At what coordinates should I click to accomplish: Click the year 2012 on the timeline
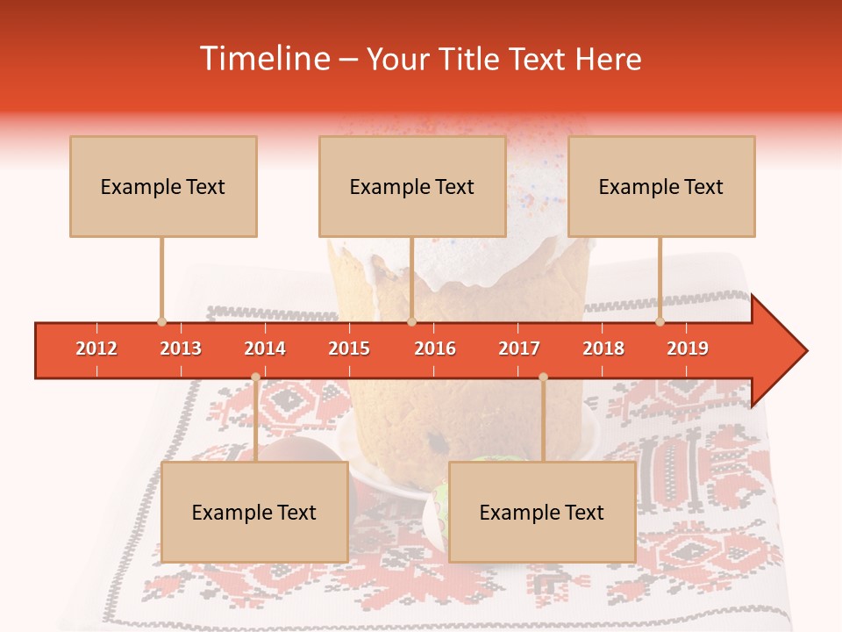coord(96,348)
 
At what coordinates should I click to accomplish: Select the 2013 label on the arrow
coord(181,348)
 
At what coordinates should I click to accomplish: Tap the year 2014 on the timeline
coord(265,348)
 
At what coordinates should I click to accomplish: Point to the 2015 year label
coord(349,348)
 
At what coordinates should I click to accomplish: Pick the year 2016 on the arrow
coord(435,348)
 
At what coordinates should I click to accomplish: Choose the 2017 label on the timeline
coord(519,348)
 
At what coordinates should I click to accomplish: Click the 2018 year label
coord(603,348)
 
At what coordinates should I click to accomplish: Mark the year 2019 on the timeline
coord(688,348)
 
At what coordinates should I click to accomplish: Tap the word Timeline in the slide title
coord(263,59)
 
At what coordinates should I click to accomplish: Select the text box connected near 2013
coord(163,186)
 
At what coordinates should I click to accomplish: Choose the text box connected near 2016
coord(412,186)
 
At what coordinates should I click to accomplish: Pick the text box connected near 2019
coord(661,186)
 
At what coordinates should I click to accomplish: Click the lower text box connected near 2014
coord(254,512)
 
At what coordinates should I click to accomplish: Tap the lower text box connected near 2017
coord(542,512)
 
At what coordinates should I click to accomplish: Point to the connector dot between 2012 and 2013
coord(161,321)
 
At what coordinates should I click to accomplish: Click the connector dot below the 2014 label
coord(255,377)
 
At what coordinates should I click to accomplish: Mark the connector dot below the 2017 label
coord(543,377)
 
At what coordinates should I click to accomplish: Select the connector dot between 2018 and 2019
coord(660,321)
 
